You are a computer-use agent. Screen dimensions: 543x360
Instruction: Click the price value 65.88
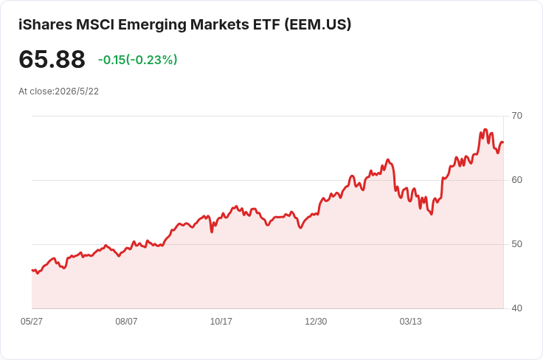pos(52,59)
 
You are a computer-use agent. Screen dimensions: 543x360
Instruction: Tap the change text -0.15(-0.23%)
pos(137,60)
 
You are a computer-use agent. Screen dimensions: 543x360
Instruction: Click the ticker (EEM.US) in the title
pos(318,24)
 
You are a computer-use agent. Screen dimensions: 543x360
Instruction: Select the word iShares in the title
pos(45,24)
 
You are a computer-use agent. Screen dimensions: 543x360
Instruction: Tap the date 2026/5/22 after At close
pos(77,91)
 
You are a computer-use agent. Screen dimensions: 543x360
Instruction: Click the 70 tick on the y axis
pos(516,116)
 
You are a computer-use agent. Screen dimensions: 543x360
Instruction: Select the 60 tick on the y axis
pos(516,180)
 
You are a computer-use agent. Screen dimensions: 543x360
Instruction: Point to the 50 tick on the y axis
pos(516,244)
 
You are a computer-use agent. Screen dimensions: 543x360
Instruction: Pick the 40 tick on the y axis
pos(516,308)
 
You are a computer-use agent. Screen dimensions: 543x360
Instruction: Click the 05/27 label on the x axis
pos(32,322)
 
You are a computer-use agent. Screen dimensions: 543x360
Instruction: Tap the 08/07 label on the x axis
pos(126,322)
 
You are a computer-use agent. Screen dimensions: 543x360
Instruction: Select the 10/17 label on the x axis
pos(221,322)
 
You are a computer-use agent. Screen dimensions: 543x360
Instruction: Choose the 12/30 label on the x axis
pos(316,322)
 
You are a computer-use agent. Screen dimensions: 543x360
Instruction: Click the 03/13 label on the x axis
pos(411,322)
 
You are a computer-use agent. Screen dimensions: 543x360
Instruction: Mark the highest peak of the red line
pos(485,129)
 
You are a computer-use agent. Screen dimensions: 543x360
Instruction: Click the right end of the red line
pos(503,142)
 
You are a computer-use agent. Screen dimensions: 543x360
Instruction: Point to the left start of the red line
pos(32,270)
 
